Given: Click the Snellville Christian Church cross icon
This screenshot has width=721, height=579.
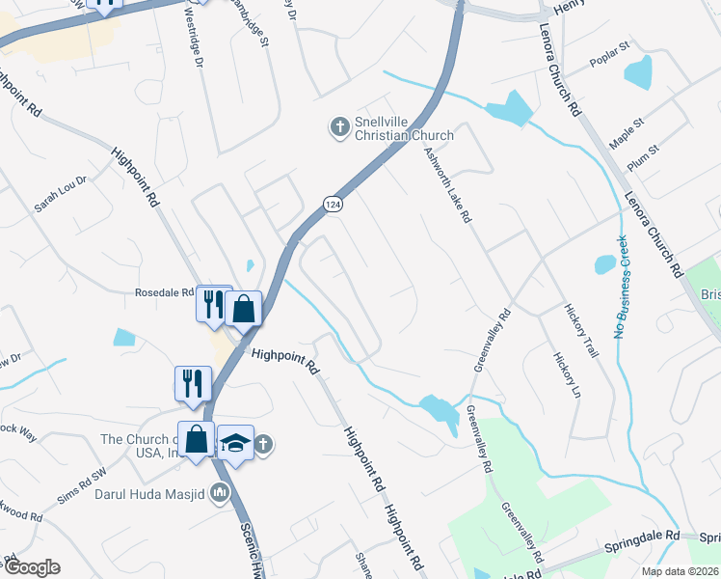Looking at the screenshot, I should [339, 126].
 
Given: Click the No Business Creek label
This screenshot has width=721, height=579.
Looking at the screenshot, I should [622, 287].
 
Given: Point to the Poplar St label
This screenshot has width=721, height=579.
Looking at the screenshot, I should [609, 71].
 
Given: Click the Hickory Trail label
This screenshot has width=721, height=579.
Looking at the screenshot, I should [581, 330].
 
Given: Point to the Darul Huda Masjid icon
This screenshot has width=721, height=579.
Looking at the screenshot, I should [221, 493].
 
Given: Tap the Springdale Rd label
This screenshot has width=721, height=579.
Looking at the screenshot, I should [643, 534].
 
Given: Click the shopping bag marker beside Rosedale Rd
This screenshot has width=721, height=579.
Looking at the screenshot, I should [245, 309].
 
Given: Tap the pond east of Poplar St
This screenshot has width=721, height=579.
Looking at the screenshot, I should [638, 72].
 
